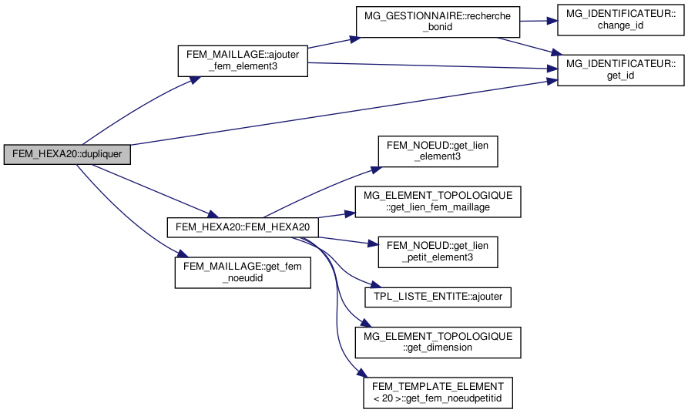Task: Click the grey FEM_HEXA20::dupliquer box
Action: coord(67,154)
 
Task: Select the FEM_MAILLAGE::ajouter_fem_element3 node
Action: coord(243,61)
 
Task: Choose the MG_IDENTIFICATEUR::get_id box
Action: coord(620,69)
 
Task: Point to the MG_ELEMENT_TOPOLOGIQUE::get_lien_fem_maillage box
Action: coord(438,200)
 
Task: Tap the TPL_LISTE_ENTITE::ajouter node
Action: coord(438,296)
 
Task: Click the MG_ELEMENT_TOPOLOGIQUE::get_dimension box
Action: coord(438,341)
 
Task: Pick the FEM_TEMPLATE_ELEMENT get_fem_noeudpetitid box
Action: coord(438,392)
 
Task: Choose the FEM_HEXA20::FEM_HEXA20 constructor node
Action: coord(243,227)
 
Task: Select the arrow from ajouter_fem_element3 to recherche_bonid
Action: coord(331,45)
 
